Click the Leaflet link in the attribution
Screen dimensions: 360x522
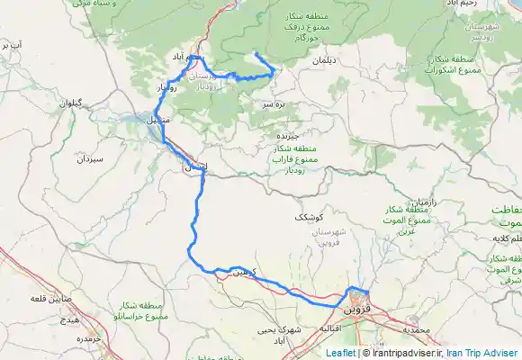click(340, 354)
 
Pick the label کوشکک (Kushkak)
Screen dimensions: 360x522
click(308, 218)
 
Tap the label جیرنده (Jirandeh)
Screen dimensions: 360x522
click(287, 133)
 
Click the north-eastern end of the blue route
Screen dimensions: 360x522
click(256, 56)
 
